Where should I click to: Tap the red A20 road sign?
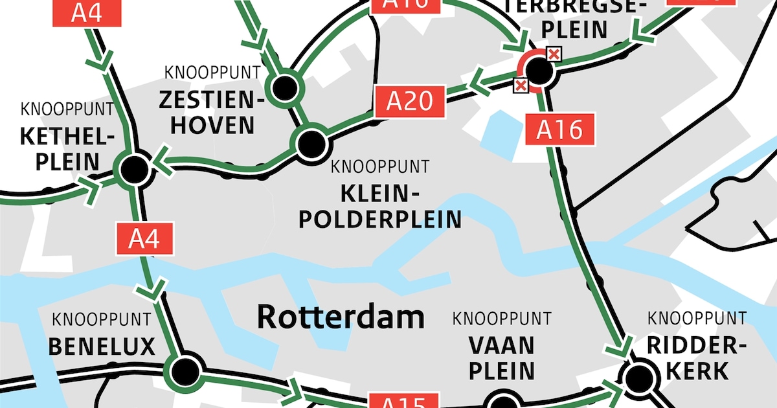[x=410, y=102]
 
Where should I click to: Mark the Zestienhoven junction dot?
[x=283, y=88]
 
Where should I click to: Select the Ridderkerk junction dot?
[x=638, y=376]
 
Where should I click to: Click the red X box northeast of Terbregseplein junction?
[x=554, y=54]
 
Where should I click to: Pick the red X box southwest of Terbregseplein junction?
[x=520, y=85]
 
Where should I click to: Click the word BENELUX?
[x=102, y=346]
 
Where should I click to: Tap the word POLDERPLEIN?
[x=379, y=219]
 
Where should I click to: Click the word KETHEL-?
[x=67, y=137]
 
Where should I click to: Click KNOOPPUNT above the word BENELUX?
[x=102, y=320]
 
